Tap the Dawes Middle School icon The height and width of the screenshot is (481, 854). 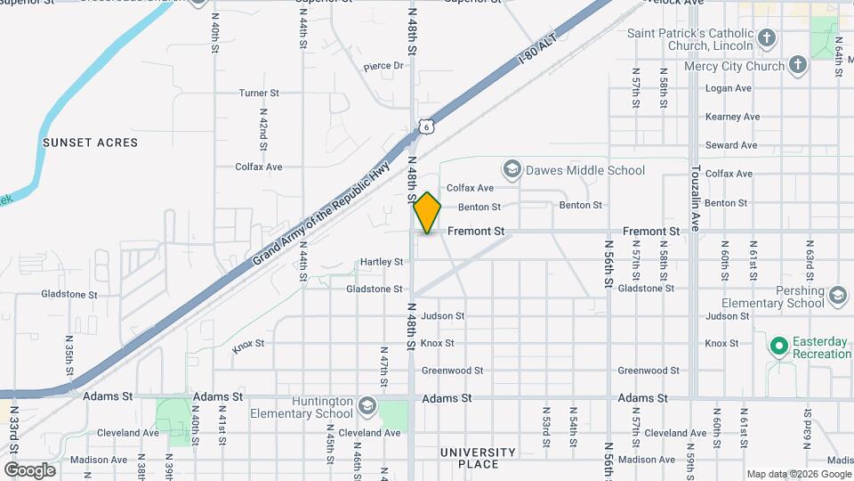coord(512,169)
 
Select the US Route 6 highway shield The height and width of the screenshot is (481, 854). coord(427,126)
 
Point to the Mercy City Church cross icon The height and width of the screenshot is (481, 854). coord(798,65)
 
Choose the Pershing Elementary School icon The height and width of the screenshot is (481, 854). coord(837,297)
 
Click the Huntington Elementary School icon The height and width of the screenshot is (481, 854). coord(366,407)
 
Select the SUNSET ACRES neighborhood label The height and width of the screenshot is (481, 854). coord(90,143)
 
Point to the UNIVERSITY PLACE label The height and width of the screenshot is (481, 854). coord(478,458)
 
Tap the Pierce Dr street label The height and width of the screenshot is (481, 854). coord(383,65)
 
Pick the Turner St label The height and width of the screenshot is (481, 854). coord(259,93)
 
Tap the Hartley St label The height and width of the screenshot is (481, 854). coord(382,262)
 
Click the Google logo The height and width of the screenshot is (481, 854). coord(29,469)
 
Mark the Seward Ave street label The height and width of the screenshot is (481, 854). coord(731,145)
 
